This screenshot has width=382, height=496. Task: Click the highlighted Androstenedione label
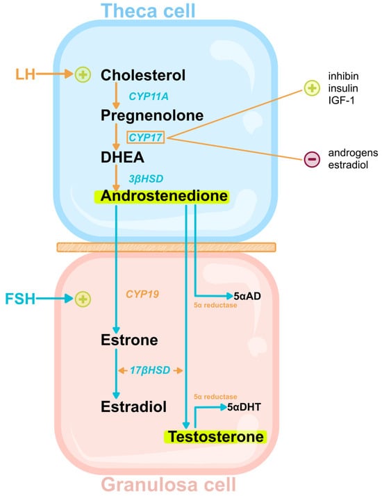coord(165,197)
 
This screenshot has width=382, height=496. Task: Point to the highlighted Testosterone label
coord(215,437)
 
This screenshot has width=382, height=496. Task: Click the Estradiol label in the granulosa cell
coord(133,407)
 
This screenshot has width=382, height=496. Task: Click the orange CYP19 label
coord(142,295)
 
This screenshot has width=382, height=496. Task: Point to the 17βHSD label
coord(150,370)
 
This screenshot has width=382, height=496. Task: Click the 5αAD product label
coord(247,295)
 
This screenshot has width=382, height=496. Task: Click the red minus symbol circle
coord(312,159)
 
